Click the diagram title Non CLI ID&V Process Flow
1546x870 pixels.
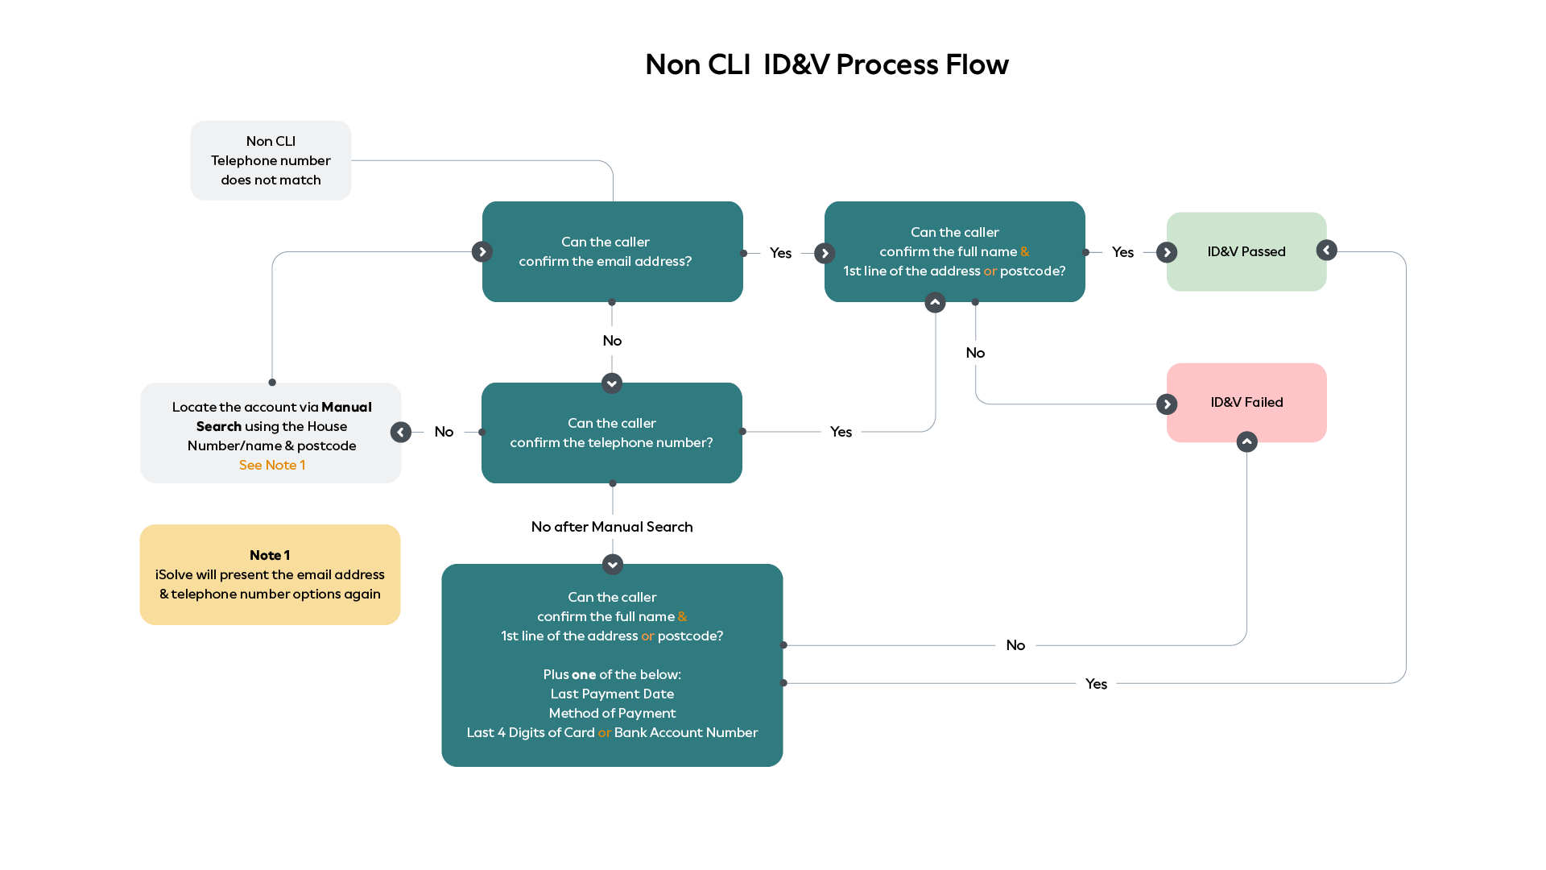click(x=826, y=64)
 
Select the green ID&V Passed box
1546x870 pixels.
click(x=1246, y=251)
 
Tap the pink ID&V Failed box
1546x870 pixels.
click(x=1246, y=402)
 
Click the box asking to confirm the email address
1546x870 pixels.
click(x=612, y=251)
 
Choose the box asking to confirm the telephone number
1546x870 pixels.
click(x=611, y=433)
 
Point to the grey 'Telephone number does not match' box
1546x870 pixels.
click(x=271, y=160)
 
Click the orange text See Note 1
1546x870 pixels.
click(x=271, y=465)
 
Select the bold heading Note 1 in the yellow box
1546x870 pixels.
click(x=270, y=555)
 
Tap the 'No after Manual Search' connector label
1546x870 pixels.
click(x=612, y=527)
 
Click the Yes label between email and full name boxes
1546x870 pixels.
click(x=780, y=253)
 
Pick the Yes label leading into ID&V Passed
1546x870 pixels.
click(x=1122, y=252)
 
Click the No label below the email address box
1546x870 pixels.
click(x=612, y=341)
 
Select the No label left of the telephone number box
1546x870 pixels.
click(x=444, y=432)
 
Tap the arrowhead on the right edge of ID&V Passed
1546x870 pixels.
click(x=1326, y=251)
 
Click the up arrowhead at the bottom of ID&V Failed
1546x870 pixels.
click(x=1246, y=441)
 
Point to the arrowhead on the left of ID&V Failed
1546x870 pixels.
click(x=1167, y=404)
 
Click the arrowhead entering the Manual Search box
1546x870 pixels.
click(x=400, y=433)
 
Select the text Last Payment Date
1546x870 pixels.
click(x=612, y=694)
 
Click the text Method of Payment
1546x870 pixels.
click(x=612, y=713)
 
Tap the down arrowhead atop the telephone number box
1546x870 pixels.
click(x=612, y=383)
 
